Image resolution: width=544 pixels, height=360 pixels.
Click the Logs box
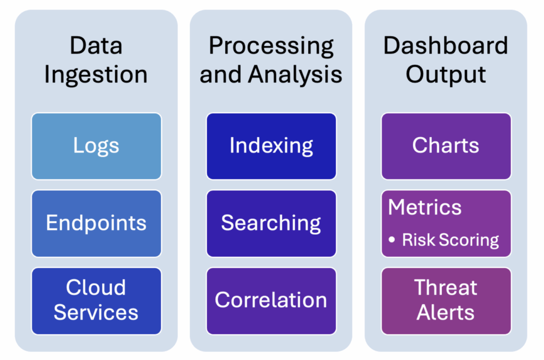pos(96,146)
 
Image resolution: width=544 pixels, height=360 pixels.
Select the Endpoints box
pos(96,223)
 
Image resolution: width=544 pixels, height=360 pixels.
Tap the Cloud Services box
pos(96,301)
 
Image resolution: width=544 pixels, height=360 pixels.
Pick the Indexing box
pos(271,146)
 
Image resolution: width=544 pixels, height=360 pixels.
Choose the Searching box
pos(271,223)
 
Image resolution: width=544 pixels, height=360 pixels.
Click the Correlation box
pos(271,301)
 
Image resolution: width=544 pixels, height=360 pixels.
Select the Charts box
pos(446,146)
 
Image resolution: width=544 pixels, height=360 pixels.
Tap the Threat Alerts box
pos(446,301)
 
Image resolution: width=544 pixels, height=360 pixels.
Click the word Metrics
pos(424,208)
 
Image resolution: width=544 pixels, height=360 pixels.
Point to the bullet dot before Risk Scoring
pos(392,241)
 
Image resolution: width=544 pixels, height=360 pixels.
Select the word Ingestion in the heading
pos(96,74)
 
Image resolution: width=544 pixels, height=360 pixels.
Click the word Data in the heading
pos(96,46)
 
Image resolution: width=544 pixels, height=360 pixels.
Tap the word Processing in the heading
pos(271,46)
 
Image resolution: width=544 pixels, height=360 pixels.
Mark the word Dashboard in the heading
pos(446,46)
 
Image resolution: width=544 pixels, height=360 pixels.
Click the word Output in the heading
pos(446,74)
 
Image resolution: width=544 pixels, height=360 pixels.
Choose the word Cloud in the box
pos(96,288)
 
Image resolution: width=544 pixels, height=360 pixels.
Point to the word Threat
pos(446,288)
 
